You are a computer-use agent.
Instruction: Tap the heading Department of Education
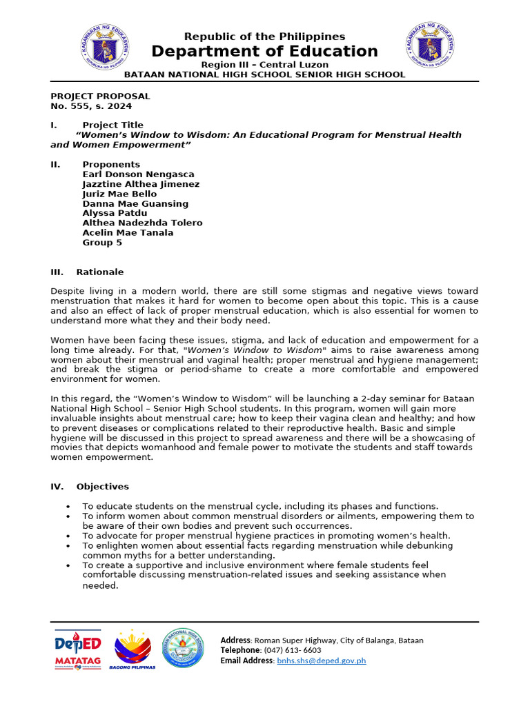265,52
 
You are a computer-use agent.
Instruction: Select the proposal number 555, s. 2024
91,106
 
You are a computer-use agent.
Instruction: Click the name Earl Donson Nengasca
138,174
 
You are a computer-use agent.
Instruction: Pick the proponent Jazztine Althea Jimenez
141,184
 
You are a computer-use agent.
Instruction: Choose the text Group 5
102,242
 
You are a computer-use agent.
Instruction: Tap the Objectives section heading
102,486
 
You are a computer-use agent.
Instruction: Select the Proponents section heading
110,164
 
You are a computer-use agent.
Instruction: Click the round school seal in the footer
183,648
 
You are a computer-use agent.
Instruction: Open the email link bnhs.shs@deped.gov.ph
321,660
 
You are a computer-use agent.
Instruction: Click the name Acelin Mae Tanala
128,232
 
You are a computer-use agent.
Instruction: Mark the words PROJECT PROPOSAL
100,97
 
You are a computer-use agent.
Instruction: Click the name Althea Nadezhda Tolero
142,223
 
